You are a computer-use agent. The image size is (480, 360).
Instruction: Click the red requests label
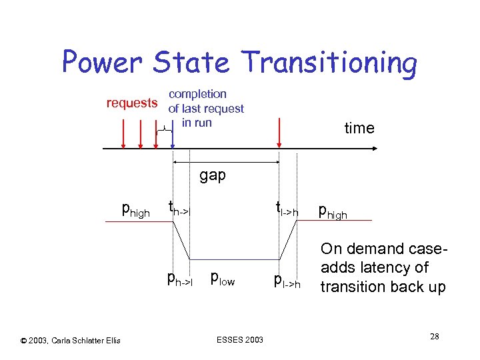133,103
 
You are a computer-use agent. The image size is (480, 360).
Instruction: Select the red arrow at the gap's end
279,137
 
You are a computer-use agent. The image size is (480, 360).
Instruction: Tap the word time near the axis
359,128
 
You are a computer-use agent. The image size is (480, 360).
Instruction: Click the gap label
213,175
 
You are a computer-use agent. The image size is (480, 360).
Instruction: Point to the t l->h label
287,210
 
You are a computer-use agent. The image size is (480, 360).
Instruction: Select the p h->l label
180,278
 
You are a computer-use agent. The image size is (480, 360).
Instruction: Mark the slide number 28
434,336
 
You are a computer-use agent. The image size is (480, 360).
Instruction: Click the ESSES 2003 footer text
240,340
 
